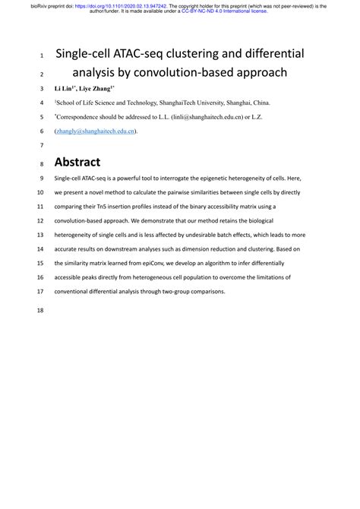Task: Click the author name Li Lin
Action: click(x=64, y=89)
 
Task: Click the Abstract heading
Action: click(x=77, y=162)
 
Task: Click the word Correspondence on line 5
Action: click(x=81, y=117)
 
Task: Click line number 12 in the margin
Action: click(x=41, y=221)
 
